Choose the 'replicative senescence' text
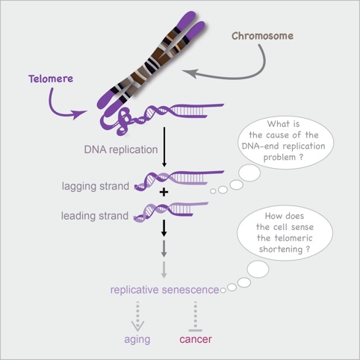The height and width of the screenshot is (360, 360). click(165, 288)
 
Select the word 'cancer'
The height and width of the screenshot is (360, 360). click(196, 340)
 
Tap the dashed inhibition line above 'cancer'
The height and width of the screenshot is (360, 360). click(195, 314)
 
